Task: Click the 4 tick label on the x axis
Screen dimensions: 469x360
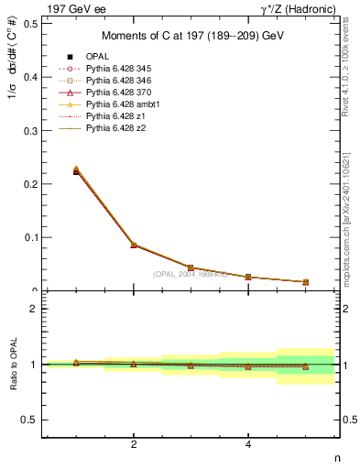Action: (248, 444)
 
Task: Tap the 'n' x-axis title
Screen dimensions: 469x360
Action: (336, 459)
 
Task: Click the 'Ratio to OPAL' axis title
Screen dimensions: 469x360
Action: (11, 364)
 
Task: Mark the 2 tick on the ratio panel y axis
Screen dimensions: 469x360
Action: (33, 309)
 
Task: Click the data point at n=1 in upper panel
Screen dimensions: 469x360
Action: (76, 171)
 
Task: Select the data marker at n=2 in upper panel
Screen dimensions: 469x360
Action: (134, 245)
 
